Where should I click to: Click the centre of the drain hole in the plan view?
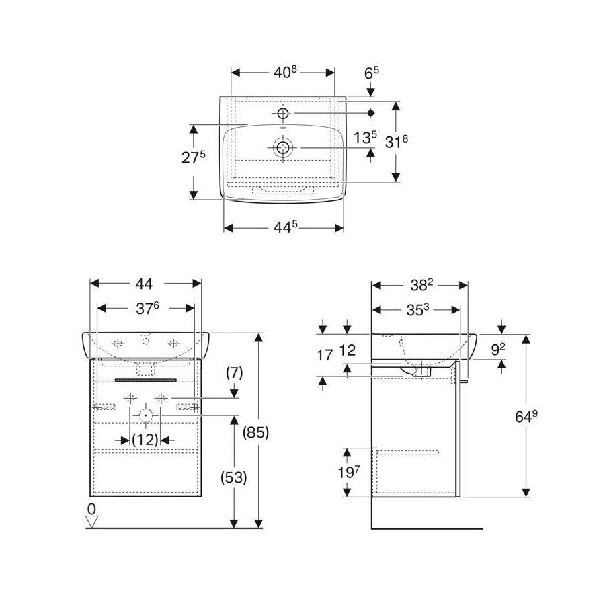tap(283, 147)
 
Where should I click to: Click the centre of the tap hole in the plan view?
tap(283, 113)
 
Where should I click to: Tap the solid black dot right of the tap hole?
tap(371, 113)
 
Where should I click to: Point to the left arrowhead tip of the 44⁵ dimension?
tap(224, 228)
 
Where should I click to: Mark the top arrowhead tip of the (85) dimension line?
tap(259, 333)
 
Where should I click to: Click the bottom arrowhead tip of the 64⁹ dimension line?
tap(526, 497)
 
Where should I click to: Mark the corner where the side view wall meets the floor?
tap(372, 528)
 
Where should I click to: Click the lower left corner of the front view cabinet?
tap(90, 496)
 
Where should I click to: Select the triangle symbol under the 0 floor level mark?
tap(92, 522)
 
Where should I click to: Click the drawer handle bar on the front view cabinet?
tap(146, 380)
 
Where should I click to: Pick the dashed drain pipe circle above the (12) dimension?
tap(145, 415)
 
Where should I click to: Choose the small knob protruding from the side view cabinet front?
tap(464, 381)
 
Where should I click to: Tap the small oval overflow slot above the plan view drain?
tap(283, 128)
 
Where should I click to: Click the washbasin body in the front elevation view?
tap(146, 345)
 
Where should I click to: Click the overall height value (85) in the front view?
tap(255, 432)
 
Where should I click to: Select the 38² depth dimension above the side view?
tap(421, 285)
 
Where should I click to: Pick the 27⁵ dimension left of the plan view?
tap(194, 157)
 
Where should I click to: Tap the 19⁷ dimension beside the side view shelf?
tap(349, 472)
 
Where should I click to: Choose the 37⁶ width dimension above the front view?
tap(147, 308)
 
